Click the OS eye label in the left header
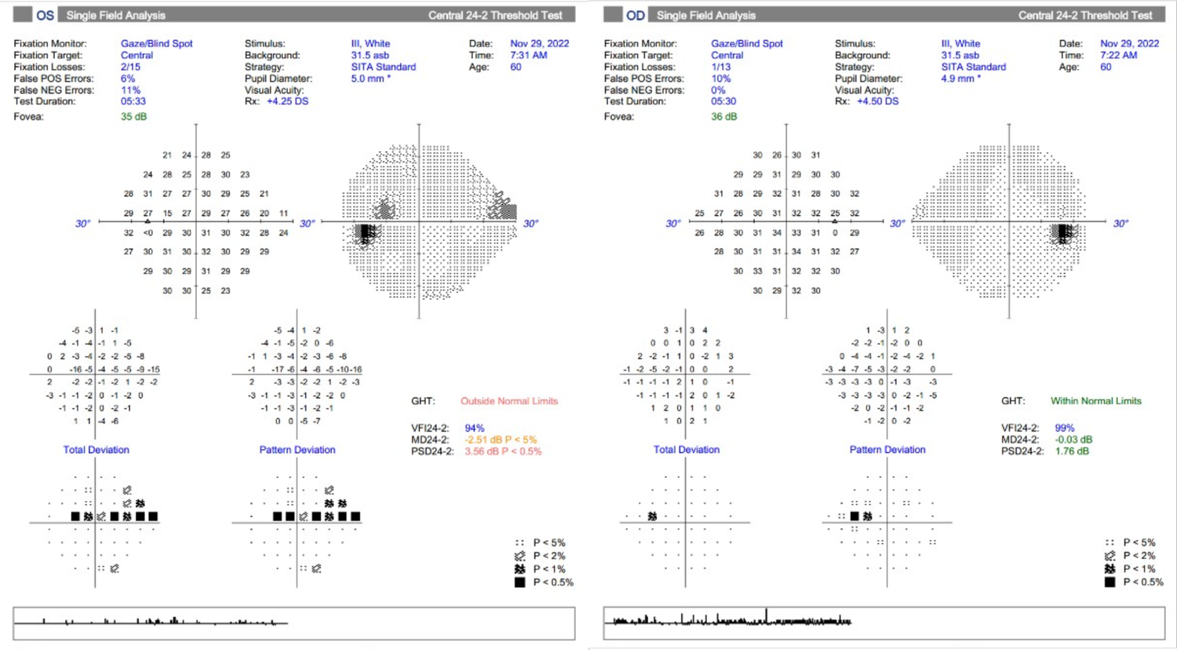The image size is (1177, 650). coord(45,15)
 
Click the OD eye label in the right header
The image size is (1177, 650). coord(635,15)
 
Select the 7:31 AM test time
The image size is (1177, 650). coord(529,55)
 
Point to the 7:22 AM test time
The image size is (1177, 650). coord(1119,55)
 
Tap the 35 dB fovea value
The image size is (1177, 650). coord(133,117)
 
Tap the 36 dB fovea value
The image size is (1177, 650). coord(723,117)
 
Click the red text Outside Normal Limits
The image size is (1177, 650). coord(508,401)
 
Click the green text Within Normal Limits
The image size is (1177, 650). coord(1095,401)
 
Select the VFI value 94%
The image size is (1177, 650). coord(474,428)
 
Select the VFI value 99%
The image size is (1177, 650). coord(1064,428)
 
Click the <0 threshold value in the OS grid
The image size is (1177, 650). coord(148,233)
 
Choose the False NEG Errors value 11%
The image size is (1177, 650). coord(130,90)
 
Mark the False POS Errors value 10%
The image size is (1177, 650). coord(720,79)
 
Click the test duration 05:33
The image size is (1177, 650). coord(133,101)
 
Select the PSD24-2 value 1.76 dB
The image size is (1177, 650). coord(1073,451)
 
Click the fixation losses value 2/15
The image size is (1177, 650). coord(130,67)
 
